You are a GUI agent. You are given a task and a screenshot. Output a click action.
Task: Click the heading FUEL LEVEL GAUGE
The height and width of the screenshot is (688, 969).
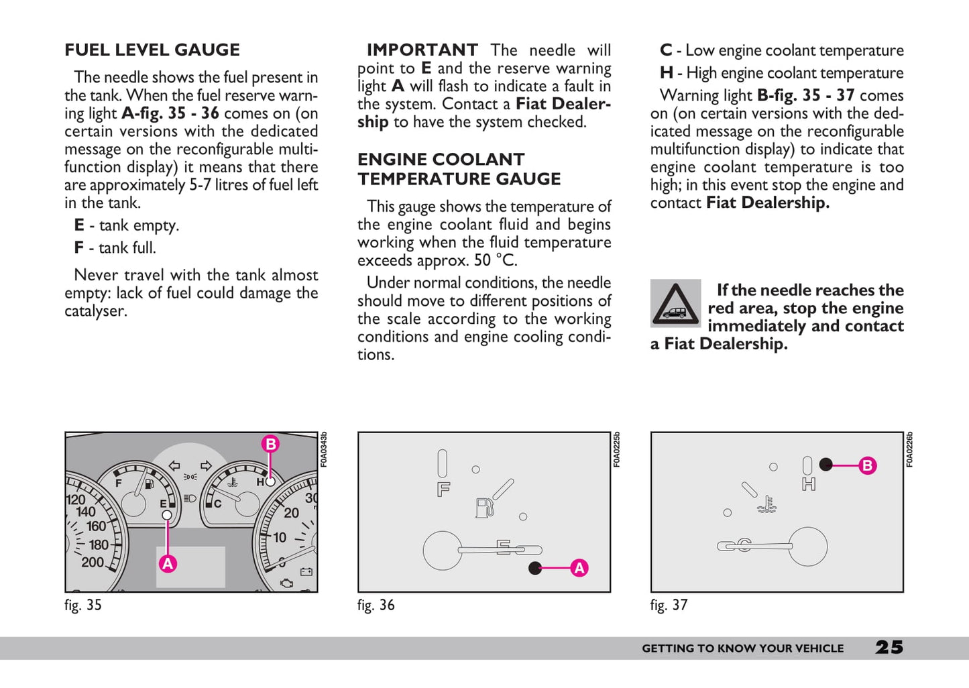[152, 50]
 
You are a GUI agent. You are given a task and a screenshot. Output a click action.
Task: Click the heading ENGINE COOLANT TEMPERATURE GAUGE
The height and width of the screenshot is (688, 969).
[459, 169]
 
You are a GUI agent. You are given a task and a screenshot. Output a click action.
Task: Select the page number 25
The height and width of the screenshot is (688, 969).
[889, 647]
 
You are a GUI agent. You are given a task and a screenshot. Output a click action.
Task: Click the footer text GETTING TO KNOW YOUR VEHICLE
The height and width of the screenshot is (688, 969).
[742, 648]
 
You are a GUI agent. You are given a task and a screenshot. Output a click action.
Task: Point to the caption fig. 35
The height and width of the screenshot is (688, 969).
[83, 605]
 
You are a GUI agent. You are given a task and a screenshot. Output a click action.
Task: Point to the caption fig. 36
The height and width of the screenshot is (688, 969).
[376, 605]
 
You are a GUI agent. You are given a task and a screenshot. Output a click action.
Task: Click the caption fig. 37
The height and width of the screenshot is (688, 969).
[669, 605]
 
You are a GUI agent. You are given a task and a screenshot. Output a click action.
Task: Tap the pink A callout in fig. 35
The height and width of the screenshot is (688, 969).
[168, 563]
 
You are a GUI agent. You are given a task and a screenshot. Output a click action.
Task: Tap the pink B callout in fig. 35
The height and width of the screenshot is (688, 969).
[270, 444]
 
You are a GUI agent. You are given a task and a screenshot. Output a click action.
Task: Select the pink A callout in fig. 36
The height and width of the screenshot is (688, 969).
[579, 568]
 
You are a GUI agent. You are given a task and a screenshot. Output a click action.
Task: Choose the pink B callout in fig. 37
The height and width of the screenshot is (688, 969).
[868, 465]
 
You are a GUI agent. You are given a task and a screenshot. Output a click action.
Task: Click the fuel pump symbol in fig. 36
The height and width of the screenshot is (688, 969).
[484, 507]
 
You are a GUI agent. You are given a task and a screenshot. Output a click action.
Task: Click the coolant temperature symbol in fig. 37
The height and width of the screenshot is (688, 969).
[767, 505]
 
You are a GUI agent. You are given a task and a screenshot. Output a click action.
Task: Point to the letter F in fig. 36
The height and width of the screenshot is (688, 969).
[443, 490]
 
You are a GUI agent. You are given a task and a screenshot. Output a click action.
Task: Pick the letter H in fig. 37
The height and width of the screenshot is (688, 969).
[809, 483]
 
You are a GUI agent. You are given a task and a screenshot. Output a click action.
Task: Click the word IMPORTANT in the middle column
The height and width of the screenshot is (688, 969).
[422, 50]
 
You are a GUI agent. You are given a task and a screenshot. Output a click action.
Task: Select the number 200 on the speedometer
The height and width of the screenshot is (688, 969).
[93, 562]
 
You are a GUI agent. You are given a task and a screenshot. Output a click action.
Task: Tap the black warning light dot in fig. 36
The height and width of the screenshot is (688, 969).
[535, 568]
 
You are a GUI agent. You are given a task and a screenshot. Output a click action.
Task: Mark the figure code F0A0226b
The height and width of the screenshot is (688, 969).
[909, 449]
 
